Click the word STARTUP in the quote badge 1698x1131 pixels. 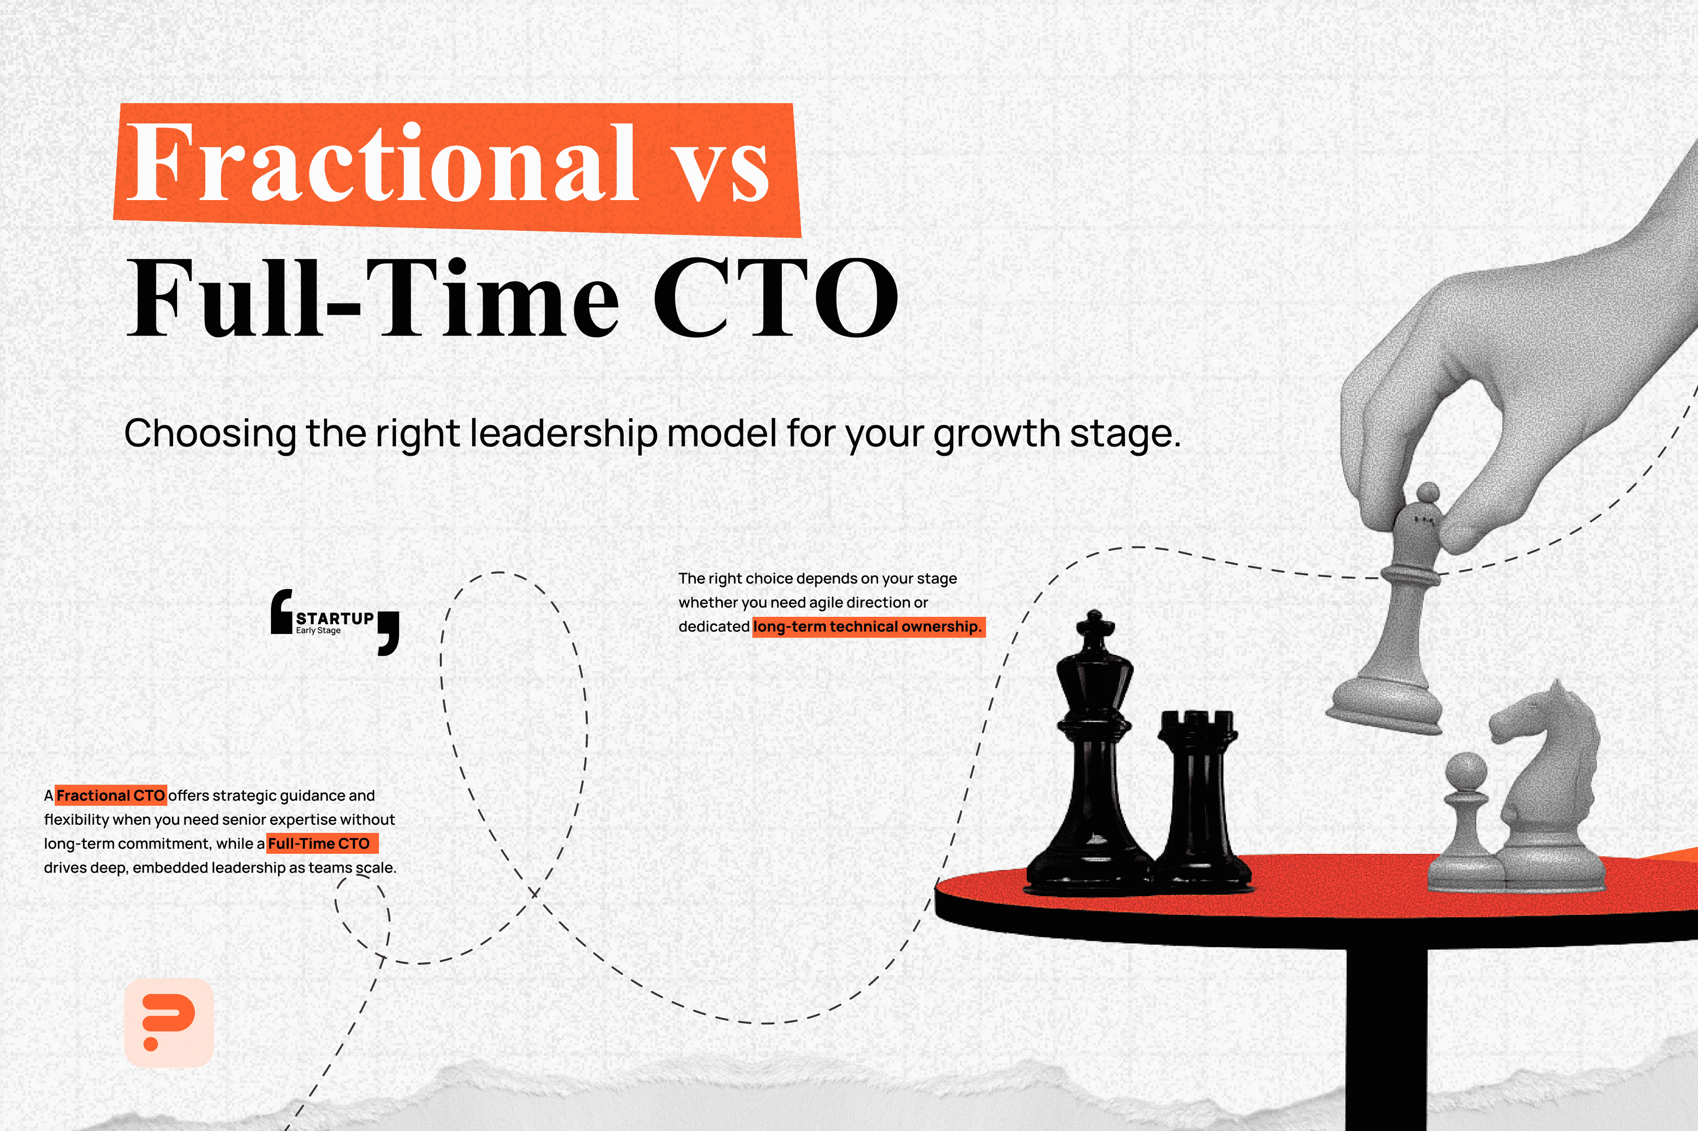(335, 618)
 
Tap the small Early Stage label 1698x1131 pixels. (318, 630)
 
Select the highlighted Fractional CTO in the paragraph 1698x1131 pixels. (111, 795)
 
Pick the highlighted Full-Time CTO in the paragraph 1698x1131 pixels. (319, 843)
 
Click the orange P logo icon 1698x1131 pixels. (169, 1022)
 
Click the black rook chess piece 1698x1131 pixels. (1198, 801)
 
